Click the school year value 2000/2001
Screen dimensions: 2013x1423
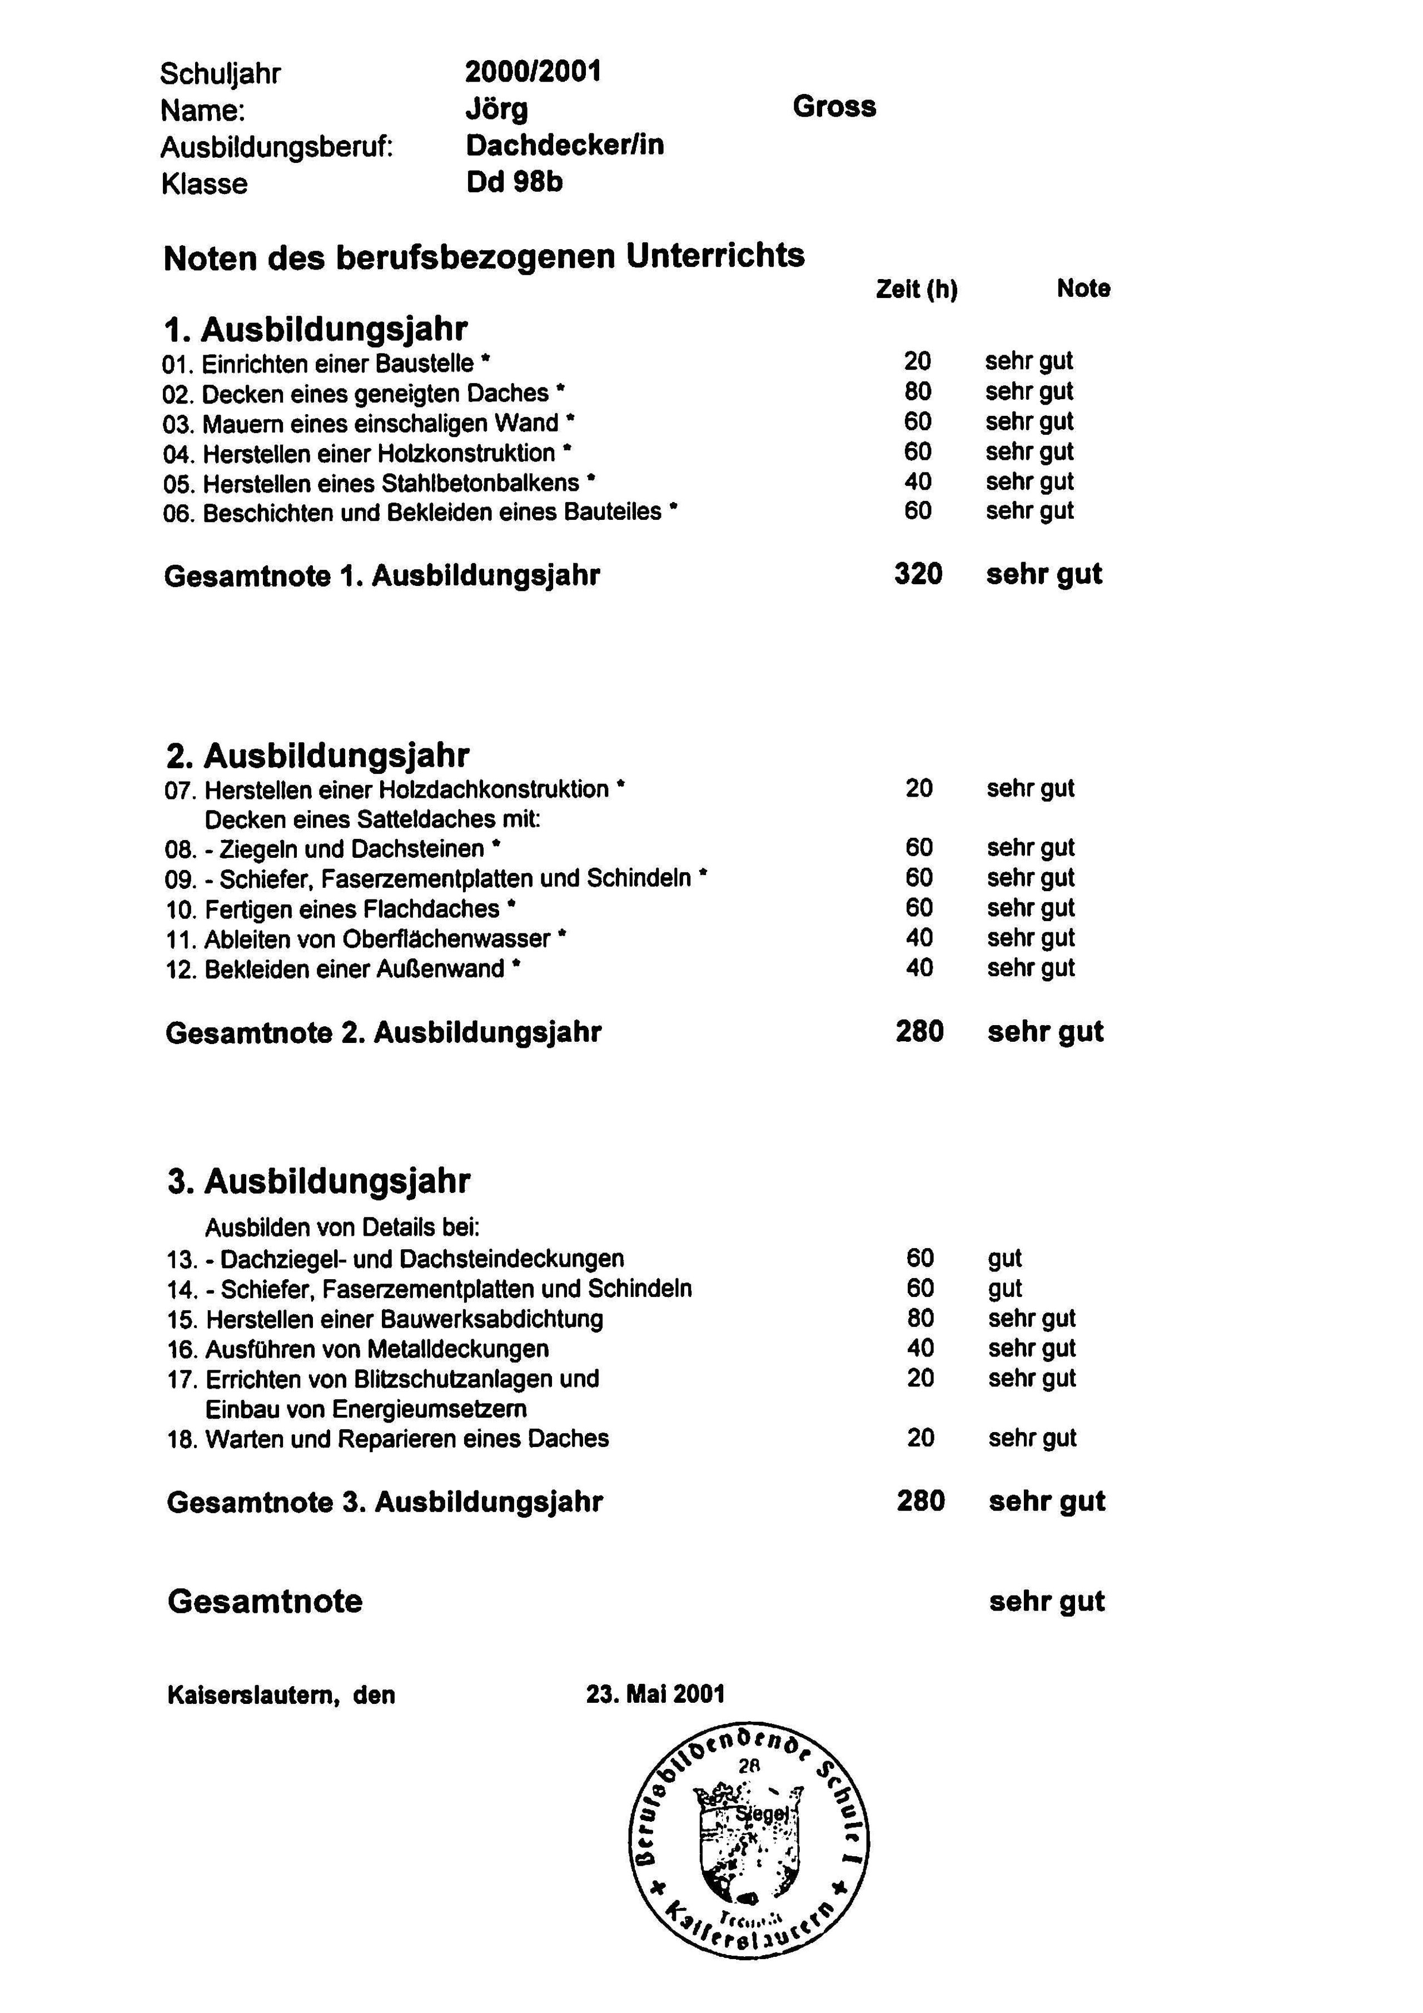click(x=533, y=72)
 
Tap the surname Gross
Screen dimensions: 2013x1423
click(x=834, y=107)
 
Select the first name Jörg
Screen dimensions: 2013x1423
click(x=496, y=110)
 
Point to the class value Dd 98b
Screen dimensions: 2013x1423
click(x=514, y=182)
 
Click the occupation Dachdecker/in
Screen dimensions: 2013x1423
click(x=565, y=146)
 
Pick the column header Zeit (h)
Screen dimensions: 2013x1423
click(x=916, y=289)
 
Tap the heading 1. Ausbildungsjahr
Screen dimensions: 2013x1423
click(x=316, y=330)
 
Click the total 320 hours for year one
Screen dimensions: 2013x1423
click(x=918, y=574)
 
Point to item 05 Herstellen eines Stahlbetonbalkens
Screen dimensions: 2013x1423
click(x=379, y=483)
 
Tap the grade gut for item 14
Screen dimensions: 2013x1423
click(x=1005, y=1289)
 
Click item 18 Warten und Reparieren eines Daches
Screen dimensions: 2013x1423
click(x=387, y=1439)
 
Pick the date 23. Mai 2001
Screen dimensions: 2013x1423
click(x=655, y=1694)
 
